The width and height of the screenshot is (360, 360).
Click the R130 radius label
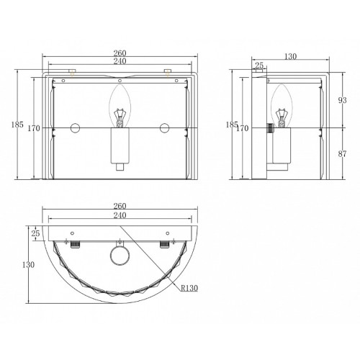point(189,288)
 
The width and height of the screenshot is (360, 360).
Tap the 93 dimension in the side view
point(342,100)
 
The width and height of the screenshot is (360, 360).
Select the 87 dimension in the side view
point(342,154)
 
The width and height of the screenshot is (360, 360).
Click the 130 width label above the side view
point(290,56)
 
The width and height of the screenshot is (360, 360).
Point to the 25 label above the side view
point(259,65)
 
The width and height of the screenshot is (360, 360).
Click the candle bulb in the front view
point(120,106)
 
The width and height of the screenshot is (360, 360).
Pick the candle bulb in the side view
point(282,106)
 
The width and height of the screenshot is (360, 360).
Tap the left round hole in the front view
point(75,127)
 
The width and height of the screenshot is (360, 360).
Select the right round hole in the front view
point(165,127)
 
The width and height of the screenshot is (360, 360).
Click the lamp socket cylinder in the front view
point(120,145)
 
